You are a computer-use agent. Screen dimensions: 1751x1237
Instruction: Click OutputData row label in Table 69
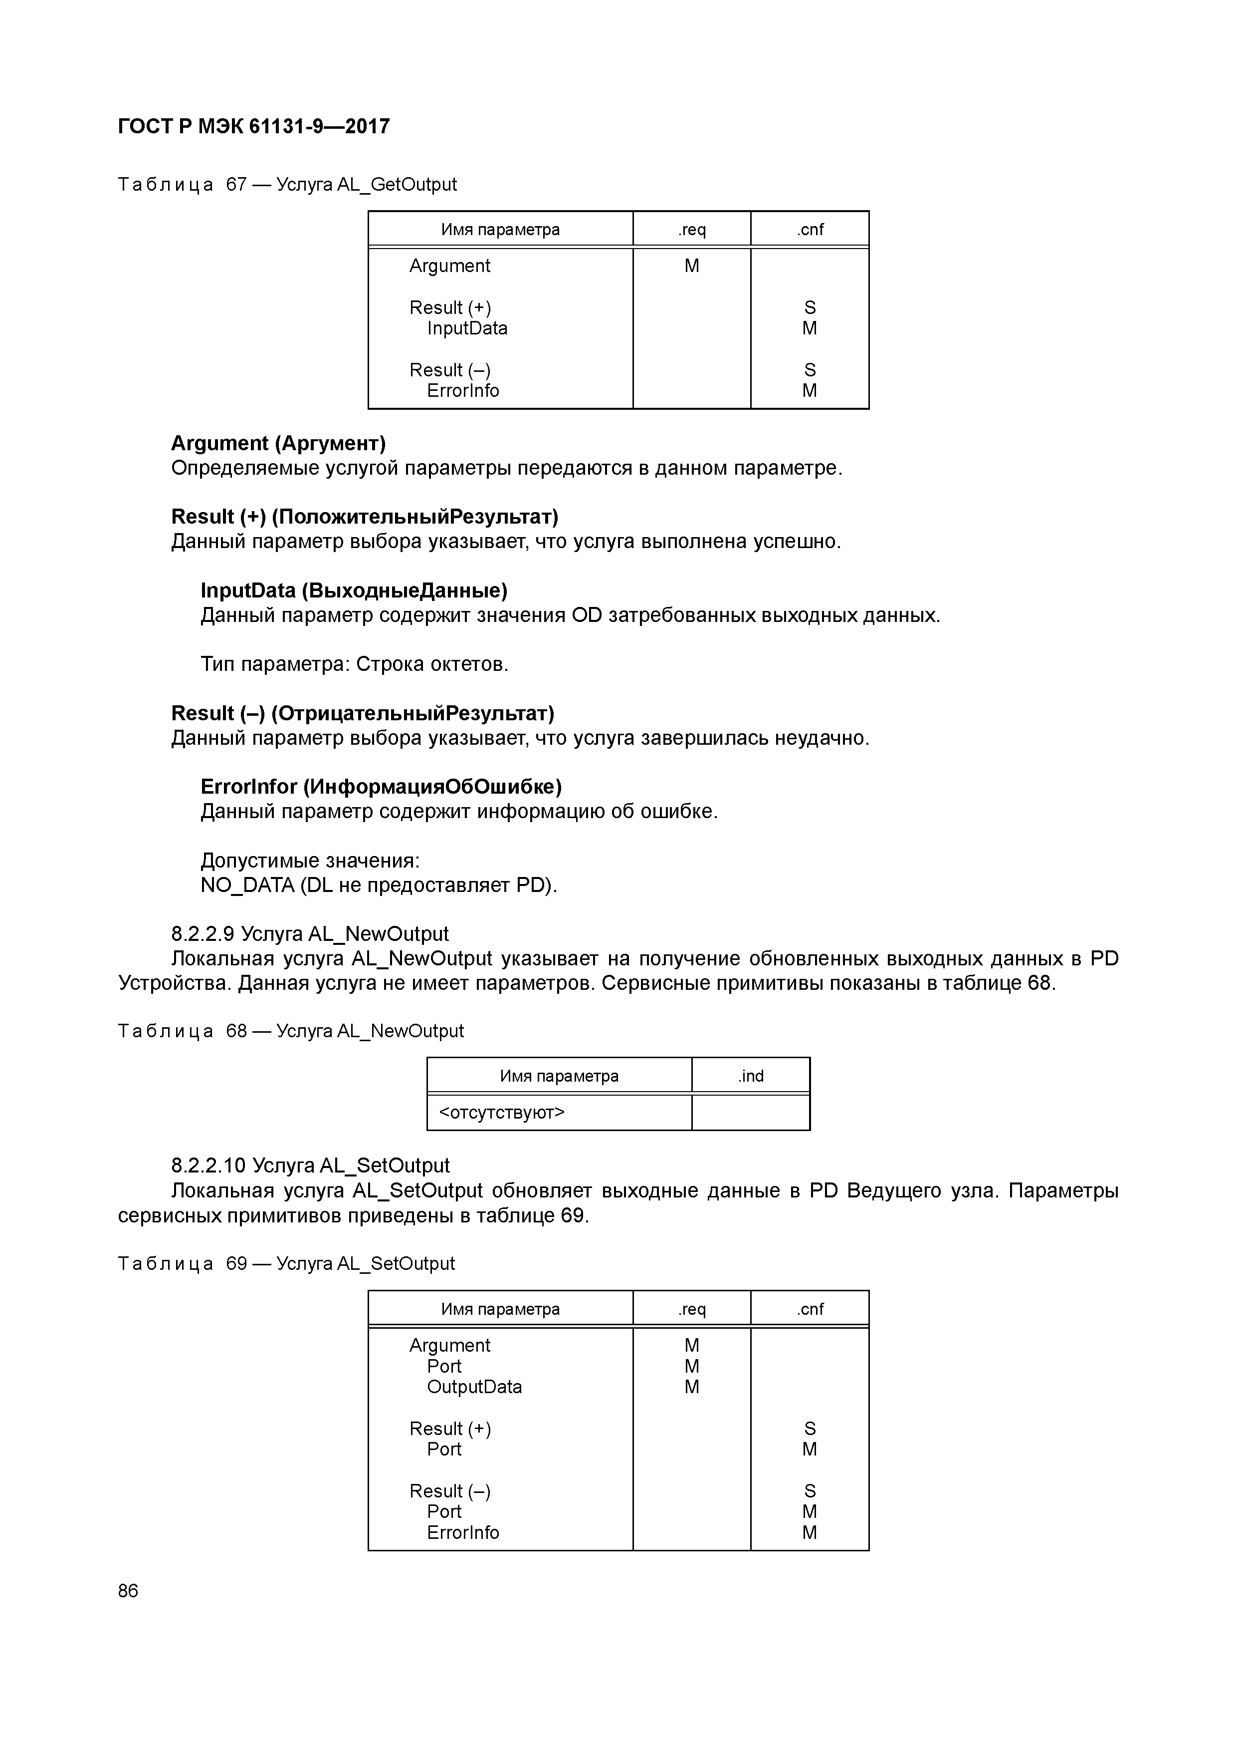474,1387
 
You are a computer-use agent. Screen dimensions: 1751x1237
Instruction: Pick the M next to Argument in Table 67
691,266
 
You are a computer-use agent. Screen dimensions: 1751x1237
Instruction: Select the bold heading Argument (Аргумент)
278,443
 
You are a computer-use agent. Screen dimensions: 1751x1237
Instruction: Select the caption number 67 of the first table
236,185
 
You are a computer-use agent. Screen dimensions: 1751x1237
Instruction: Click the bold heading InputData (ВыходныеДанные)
354,590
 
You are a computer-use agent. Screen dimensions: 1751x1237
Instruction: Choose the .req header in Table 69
691,1309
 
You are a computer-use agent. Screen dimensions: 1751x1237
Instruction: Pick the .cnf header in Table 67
810,230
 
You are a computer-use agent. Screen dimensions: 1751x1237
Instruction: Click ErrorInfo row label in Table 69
463,1532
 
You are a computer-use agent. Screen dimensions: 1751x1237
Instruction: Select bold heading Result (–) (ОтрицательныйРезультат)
363,713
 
